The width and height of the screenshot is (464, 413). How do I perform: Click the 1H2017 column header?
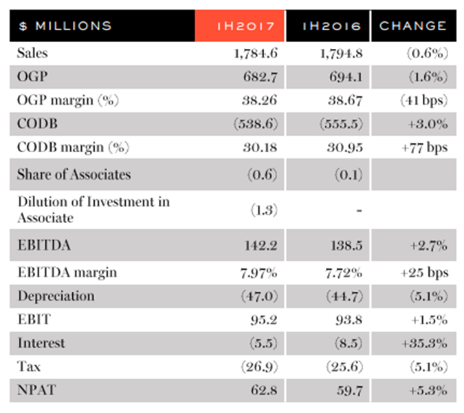(245, 26)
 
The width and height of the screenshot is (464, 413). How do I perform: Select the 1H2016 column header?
(331, 26)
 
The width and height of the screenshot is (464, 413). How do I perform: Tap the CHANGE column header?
(413, 25)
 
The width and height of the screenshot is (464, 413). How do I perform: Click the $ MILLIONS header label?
(65, 25)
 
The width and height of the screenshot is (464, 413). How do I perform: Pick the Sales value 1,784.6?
(256, 54)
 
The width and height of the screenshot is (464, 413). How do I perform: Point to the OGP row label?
(32, 76)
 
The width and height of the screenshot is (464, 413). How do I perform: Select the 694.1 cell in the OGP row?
(346, 77)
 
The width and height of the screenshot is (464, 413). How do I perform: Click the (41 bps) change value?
(424, 100)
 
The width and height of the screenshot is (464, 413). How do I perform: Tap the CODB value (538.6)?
(256, 124)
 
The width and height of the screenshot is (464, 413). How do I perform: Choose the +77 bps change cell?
(424, 147)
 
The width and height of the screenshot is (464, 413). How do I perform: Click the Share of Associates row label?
(74, 174)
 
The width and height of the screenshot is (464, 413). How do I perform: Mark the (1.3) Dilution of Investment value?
(264, 211)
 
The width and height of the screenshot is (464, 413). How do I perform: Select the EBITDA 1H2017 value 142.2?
(261, 246)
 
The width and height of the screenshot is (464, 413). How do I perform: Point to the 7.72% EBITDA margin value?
(344, 273)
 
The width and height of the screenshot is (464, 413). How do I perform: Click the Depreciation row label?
(56, 296)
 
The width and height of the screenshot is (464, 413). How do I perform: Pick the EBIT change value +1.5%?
(429, 320)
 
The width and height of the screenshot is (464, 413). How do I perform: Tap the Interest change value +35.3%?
(424, 343)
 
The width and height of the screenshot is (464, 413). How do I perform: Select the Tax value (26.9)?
(259, 367)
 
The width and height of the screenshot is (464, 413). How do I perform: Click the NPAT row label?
(36, 390)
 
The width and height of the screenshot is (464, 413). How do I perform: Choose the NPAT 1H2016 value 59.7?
(350, 390)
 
